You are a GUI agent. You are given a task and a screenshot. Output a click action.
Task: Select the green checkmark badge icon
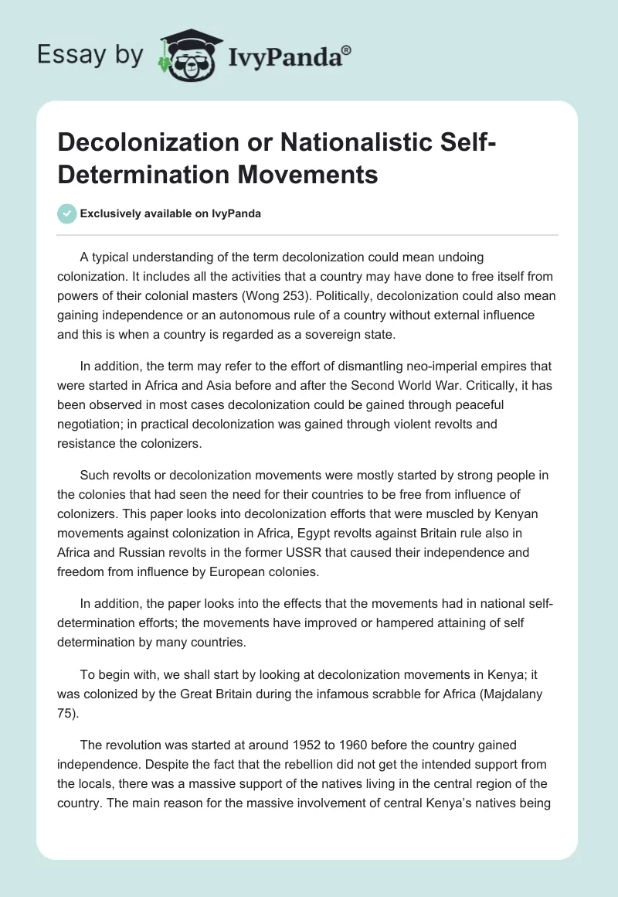(x=66, y=213)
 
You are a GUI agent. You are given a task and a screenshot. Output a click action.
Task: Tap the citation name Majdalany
(x=512, y=694)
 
